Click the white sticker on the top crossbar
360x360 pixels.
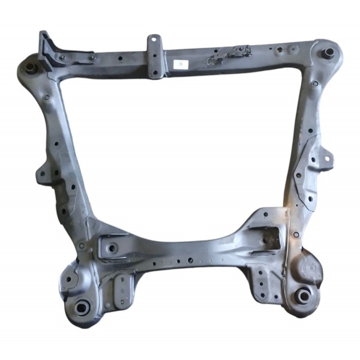pyautogui.click(x=181, y=64)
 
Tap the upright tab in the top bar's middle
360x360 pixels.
pyautogui.click(x=154, y=54)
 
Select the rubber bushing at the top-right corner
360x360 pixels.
pyautogui.click(x=328, y=52)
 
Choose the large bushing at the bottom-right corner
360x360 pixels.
pyautogui.click(x=303, y=295)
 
